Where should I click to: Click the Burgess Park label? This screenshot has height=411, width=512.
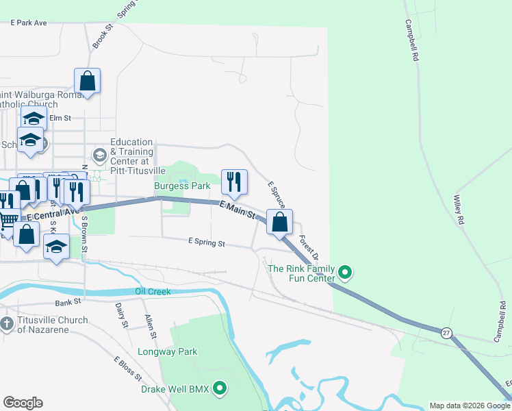[x=182, y=186]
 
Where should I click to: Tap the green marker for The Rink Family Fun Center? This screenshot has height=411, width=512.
[x=346, y=273]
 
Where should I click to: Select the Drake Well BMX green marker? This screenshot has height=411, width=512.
[x=220, y=389]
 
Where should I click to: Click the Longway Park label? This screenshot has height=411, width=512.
[x=177, y=352]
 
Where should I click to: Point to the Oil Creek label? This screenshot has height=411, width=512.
[x=153, y=291]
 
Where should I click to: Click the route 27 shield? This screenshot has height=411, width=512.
[x=446, y=332]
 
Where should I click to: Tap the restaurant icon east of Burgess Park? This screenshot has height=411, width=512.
[x=234, y=181]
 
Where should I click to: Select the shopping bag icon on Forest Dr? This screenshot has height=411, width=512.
[x=279, y=222]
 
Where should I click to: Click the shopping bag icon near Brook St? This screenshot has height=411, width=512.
[x=88, y=80]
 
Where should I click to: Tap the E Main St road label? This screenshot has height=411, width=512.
[x=238, y=210]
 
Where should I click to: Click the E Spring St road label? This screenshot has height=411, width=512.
[x=207, y=242]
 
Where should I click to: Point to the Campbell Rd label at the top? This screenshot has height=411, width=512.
[x=411, y=41]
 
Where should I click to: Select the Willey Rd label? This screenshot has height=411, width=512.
[x=459, y=210]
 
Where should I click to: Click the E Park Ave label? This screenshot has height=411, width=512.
[x=29, y=23]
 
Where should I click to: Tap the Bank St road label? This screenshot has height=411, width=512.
[x=68, y=301]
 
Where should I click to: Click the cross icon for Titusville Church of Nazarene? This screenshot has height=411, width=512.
[x=7, y=323]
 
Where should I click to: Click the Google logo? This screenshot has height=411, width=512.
[x=23, y=403]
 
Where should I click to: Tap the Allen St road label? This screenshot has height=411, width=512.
[x=151, y=326]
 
